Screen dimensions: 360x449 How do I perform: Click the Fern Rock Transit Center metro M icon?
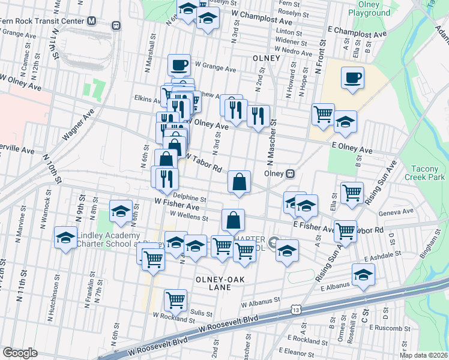pyautogui.click(x=91, y=21)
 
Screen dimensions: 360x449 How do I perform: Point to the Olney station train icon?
pyautogui.click(x=291, y=173)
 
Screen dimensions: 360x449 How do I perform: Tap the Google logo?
pyautogui.click(x=20, y=353)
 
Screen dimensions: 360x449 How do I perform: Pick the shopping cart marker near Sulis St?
pyautogui.click(x=175, y=299)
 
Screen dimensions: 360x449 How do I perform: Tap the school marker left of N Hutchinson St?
pyautogui.click(x=65, y=237)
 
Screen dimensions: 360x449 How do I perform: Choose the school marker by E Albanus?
pyautogui.click(x=363, y=274)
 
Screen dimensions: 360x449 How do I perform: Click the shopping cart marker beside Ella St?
pyautogui.click(x=352, y=193)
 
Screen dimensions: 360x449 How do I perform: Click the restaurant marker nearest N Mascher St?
pyautogui.click(x=258, y=116)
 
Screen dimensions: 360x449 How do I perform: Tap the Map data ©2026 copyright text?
pyautogui.click(x=423, y=355)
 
